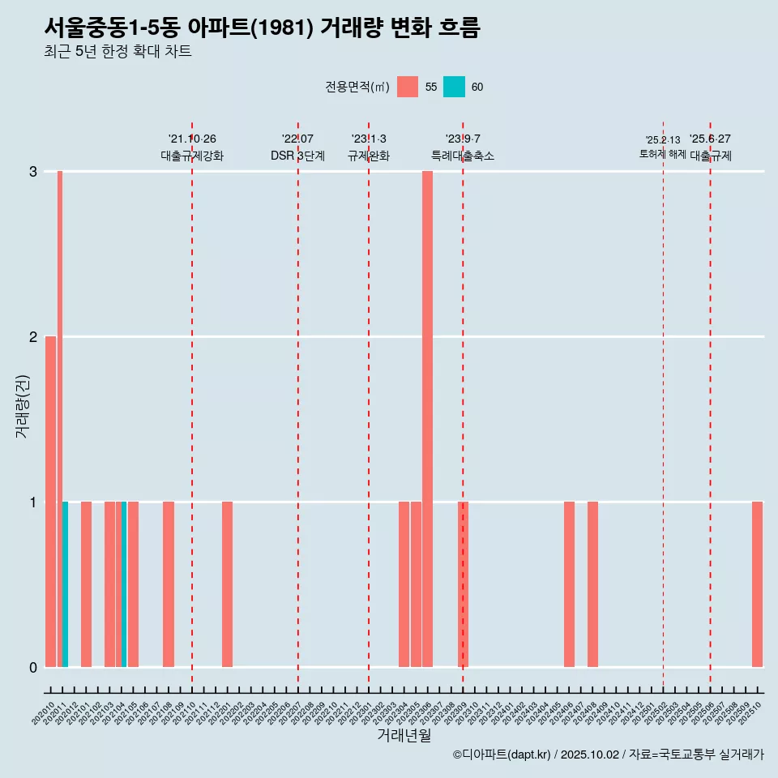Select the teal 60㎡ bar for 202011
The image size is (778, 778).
[65, 583]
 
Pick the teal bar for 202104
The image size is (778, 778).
[124, 583]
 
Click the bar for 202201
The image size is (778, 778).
[227, 583]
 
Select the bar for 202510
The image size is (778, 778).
[757, 583]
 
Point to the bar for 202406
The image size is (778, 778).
[569, 583]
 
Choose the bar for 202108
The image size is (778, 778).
[169, 583]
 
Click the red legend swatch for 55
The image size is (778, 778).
[408, 87]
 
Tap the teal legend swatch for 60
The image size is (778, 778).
[455, 87]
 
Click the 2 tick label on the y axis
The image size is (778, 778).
[33, 336]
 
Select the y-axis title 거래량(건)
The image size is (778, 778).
[22, 405]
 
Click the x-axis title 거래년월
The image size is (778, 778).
[404, 735]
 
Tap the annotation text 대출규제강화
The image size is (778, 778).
[192, 156]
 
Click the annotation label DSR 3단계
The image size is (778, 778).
[297, 156]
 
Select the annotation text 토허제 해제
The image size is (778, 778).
[662, 153]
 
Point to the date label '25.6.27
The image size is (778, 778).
[710, 139]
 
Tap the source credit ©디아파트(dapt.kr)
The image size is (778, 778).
[501, 754]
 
